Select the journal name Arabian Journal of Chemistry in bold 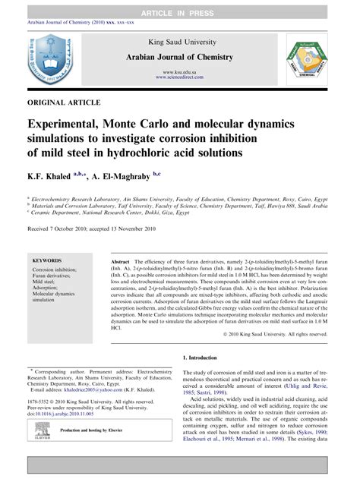coord(179,58)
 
